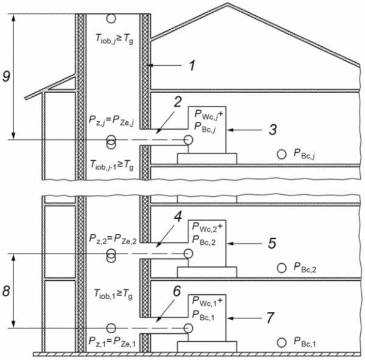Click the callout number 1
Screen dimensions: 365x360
[x=192, y=66]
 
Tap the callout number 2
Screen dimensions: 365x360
[x=178, y=102]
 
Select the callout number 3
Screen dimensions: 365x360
[x=273, y=130]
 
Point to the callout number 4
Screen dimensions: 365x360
[x=178, y=217]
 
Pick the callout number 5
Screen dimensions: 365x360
[x=272, y=244]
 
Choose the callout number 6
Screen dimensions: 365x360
[x=176, y=291]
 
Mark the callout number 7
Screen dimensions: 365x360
[x=269, y=318]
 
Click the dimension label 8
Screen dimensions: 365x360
[x=6, y=291]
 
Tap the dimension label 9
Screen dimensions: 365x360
[x=6, y=76]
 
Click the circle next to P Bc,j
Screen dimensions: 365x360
[x=282, y=154]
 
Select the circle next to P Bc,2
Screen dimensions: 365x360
[x=282, y=268]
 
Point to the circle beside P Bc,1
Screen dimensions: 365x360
[x=282, y=342]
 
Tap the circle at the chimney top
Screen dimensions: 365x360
[x=111, y=18]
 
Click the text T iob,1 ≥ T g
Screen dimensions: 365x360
[x=113, y=294]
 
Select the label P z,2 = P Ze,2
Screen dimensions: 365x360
[x=113, y=239]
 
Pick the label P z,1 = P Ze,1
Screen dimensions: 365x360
[x=112, y=342]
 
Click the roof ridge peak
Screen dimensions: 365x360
[x=228, y=3]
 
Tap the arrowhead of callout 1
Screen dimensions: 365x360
[x=150, y=66]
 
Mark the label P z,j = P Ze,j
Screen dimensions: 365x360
[x=111, y=121]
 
